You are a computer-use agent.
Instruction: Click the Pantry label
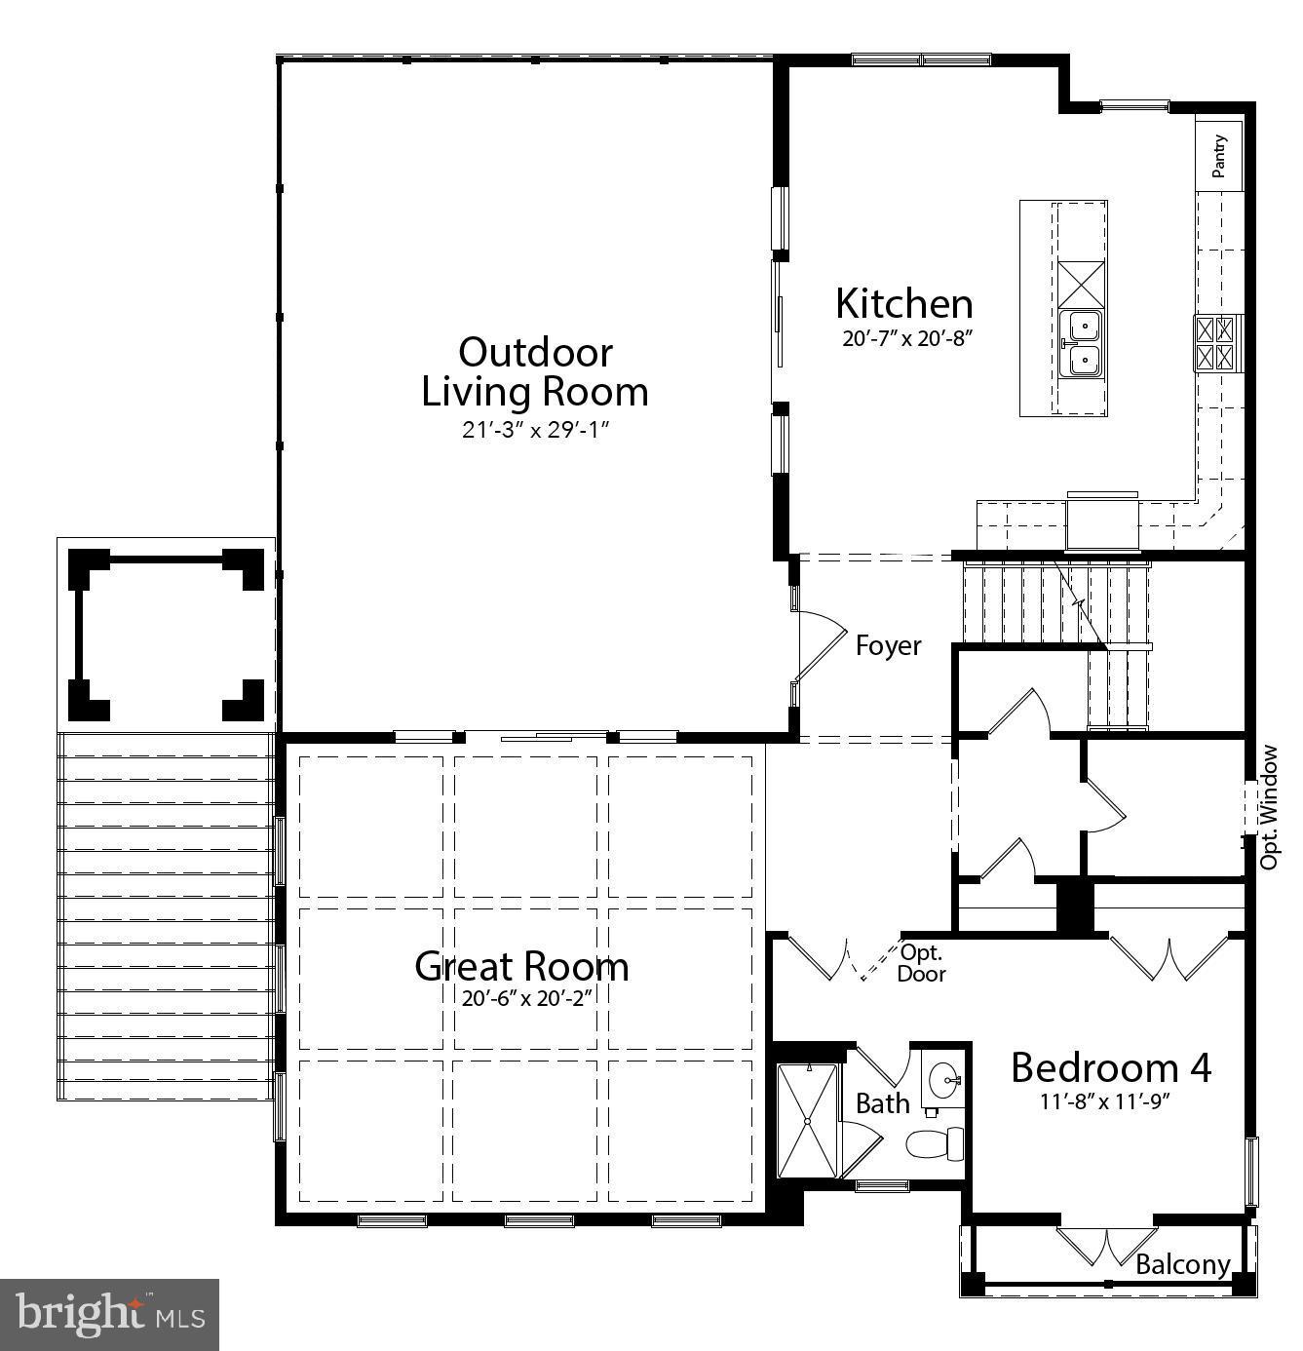1219,155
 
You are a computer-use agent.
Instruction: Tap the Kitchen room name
903,304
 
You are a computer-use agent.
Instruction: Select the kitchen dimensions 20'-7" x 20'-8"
908,339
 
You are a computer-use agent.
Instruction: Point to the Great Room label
521,966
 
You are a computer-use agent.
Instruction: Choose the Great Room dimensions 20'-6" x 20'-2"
529,998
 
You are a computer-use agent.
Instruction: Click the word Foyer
888,646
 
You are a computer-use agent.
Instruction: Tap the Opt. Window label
1268,807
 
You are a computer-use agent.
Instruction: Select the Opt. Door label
921,963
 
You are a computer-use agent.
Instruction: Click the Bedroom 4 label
1110,1067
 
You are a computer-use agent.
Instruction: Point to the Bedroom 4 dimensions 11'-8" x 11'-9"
1104,1102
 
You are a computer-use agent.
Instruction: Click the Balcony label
1182,1264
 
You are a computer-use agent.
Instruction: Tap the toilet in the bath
935,1142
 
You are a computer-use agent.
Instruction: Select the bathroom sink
943,1080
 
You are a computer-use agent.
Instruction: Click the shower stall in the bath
807,1121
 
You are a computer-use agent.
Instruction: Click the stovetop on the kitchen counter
1218,343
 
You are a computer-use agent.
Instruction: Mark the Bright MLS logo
109,1314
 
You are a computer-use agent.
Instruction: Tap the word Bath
882,1103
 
